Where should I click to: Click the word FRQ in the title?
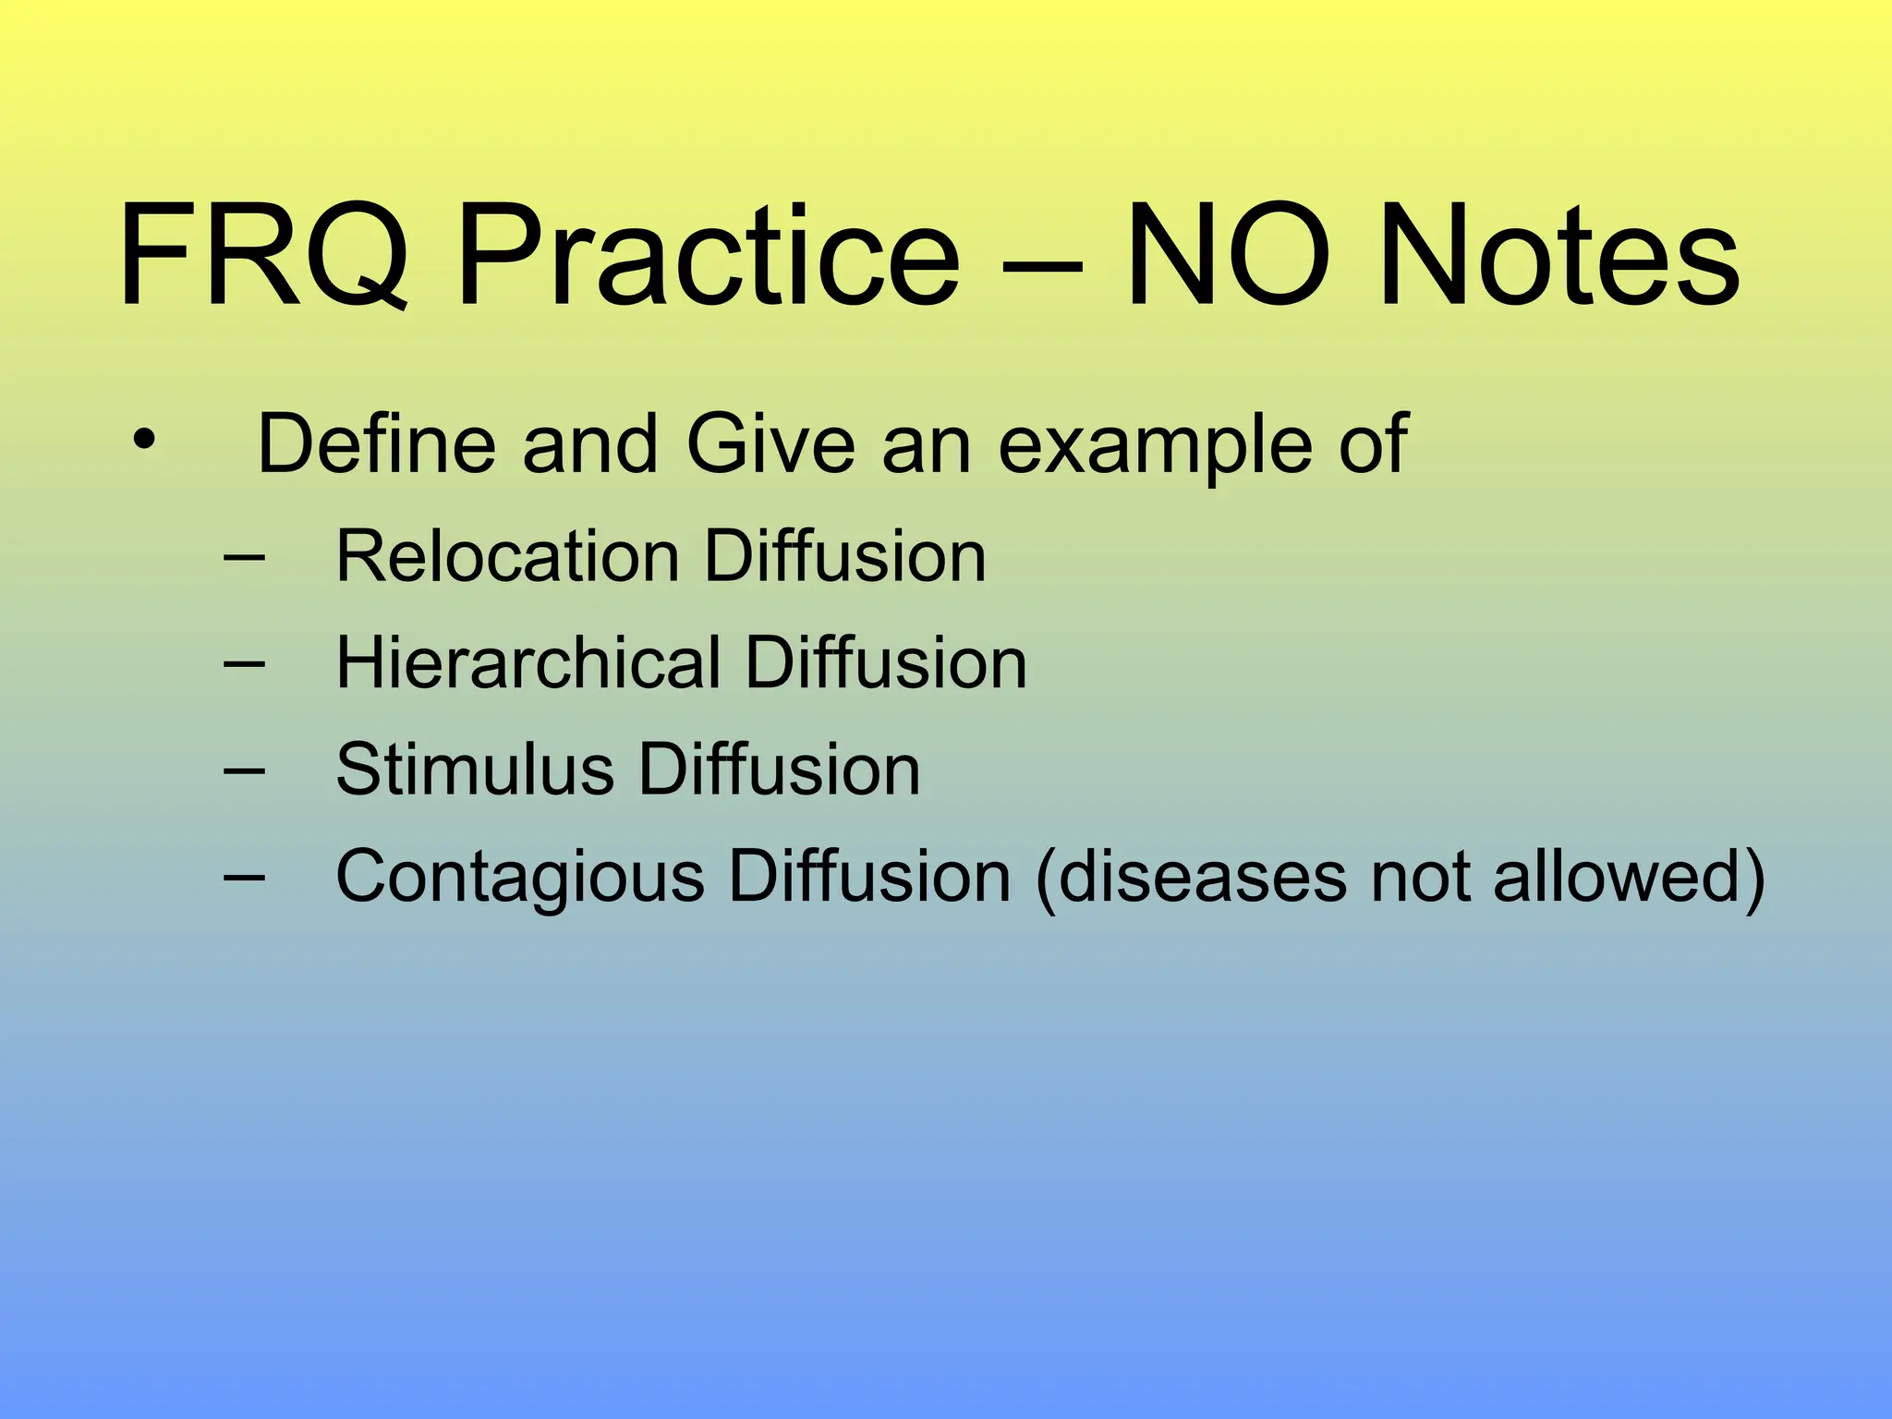263,256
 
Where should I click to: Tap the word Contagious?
519,878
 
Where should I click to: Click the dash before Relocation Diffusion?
244,558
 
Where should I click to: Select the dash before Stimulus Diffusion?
244,770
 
